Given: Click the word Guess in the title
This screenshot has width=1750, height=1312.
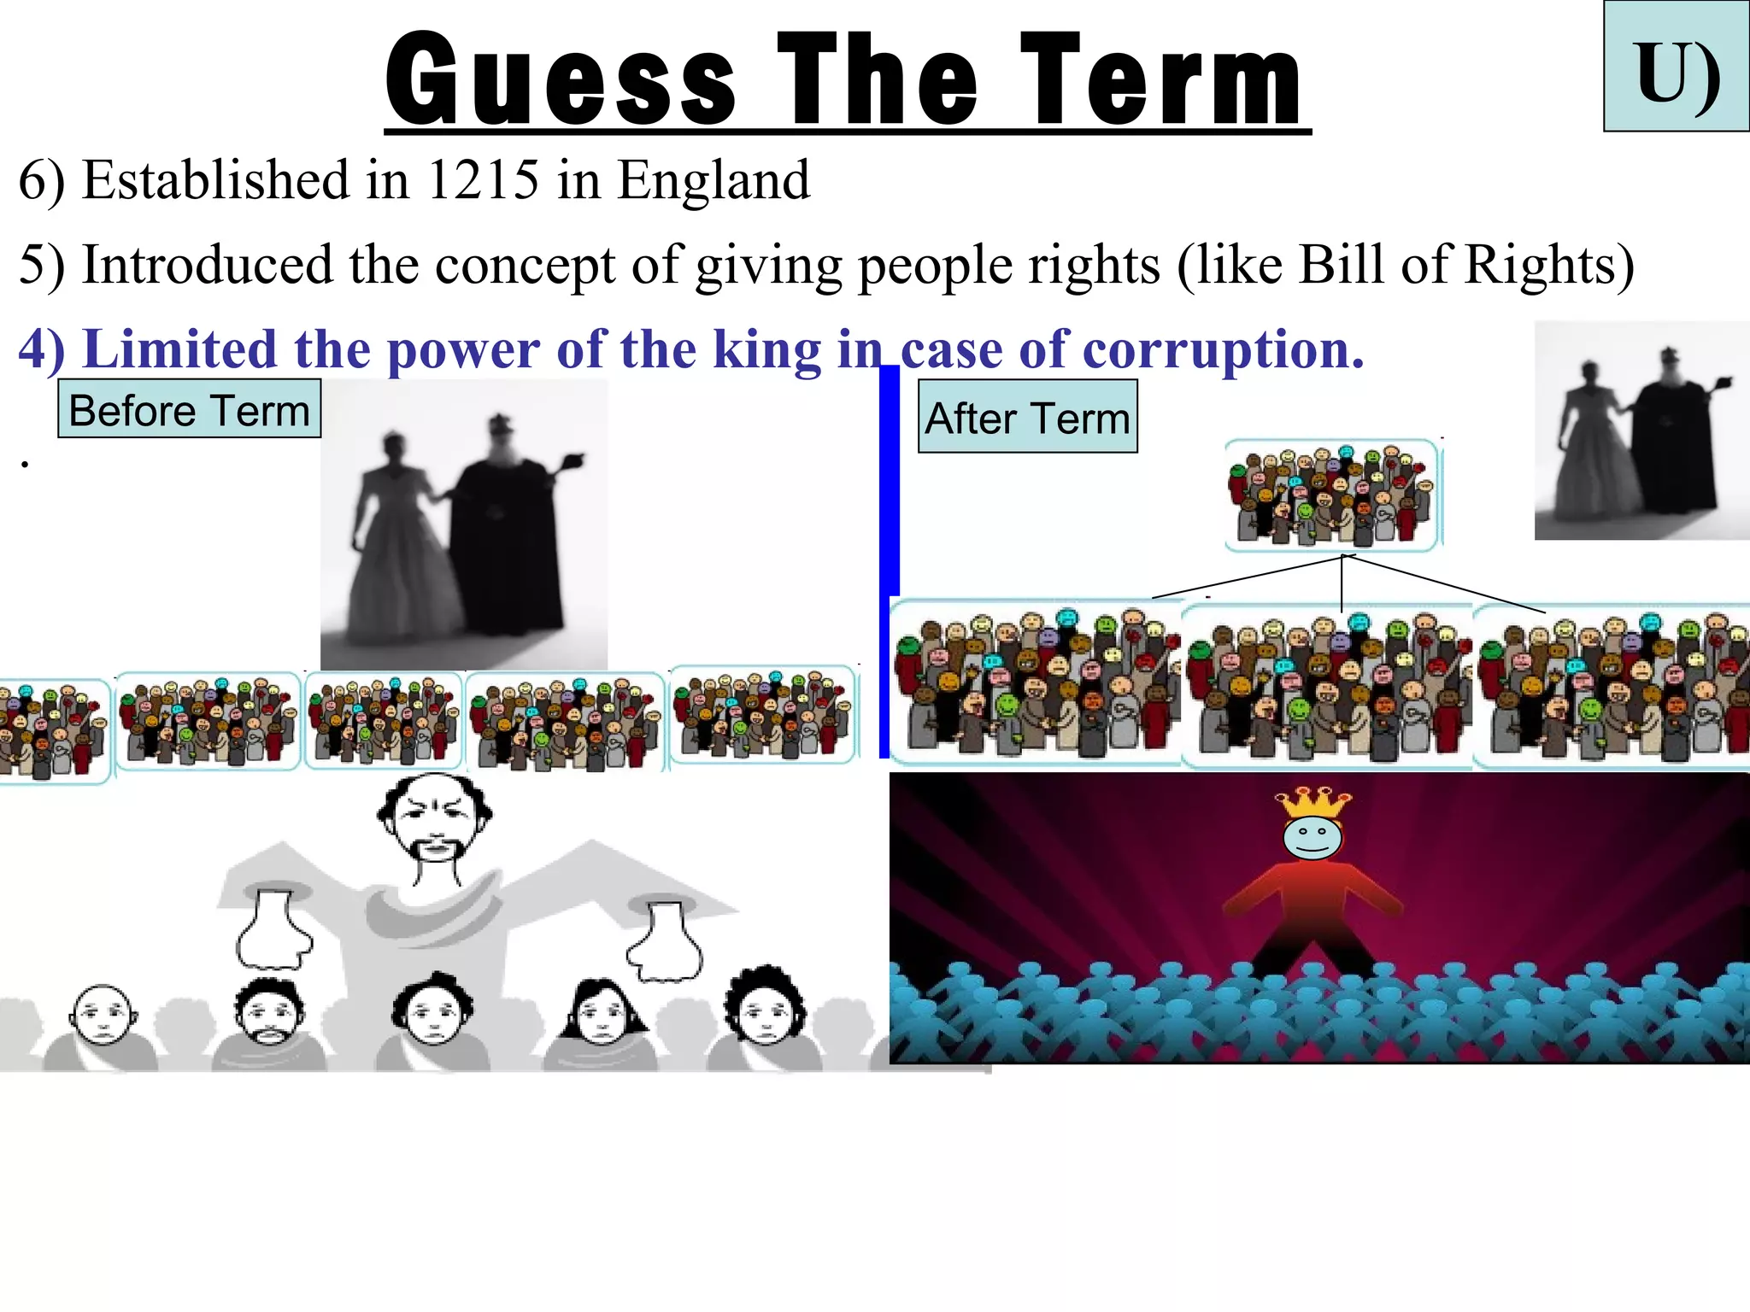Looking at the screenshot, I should pos(560,79).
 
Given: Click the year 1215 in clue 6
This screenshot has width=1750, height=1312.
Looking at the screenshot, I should pos(483,180).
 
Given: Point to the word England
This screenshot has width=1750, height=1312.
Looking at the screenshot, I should pos(713,180).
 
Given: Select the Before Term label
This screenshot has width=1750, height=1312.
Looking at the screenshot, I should pos(189,410).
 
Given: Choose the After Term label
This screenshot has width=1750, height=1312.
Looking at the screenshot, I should pos(1027,418).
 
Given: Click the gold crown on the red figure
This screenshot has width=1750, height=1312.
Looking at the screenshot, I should pos(1312,802).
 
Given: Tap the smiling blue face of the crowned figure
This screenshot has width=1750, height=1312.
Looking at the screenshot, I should pos(1312,838).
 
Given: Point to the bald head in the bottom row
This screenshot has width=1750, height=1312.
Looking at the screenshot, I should pos(103,1014).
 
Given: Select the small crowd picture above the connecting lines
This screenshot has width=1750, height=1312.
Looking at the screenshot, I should pos(1331,495).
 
